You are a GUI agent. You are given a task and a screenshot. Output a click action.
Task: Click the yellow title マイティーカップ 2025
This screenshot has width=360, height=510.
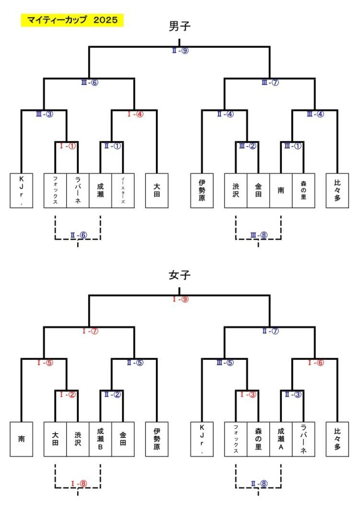tap(72, 20)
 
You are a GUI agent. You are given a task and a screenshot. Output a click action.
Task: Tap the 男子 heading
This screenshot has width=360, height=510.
tap(180, 26)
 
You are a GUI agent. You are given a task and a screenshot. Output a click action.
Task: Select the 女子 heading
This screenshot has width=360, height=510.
tap(180, 276)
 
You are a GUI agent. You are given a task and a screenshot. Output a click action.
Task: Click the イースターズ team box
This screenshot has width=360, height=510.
tap(123, 191)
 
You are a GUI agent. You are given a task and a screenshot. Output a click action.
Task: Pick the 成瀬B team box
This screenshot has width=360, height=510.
tap(100, 439)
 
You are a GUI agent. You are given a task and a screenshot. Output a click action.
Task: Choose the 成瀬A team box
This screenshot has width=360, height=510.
tap(281, 439)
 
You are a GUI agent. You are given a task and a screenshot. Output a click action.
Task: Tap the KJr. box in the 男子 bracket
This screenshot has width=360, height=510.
tap(22, 191)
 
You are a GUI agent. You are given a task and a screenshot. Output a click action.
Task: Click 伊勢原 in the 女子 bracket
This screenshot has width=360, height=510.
tap(156, 439)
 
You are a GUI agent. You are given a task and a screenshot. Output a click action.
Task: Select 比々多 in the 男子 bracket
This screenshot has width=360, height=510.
tap(337, 191)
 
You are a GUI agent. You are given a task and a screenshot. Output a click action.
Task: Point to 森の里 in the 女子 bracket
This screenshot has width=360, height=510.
tap(258, 439)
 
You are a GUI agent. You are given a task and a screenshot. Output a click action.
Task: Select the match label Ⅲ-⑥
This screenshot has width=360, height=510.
tap(89, 82)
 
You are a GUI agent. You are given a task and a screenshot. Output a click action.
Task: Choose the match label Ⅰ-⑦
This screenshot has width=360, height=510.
tap(89, 331)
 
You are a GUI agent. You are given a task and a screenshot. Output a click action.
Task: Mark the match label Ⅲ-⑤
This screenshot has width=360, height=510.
tap(225, 363)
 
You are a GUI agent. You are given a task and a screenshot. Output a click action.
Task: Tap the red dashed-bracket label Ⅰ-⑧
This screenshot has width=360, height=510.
tap(78, 484)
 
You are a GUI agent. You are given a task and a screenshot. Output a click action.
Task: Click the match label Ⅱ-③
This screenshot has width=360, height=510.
tap(293, 394)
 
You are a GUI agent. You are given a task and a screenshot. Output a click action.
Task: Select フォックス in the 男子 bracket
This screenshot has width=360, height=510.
tap(55, 191)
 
